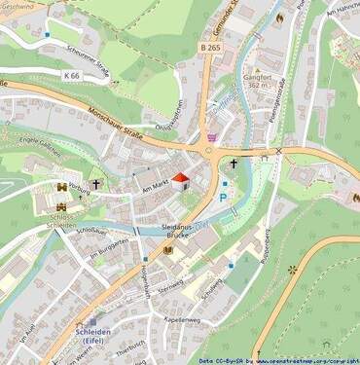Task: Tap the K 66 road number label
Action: point(72,75)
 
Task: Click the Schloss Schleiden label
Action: point(61,219)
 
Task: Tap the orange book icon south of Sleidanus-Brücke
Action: point(168,251)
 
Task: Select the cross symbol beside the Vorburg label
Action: point(97,184)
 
